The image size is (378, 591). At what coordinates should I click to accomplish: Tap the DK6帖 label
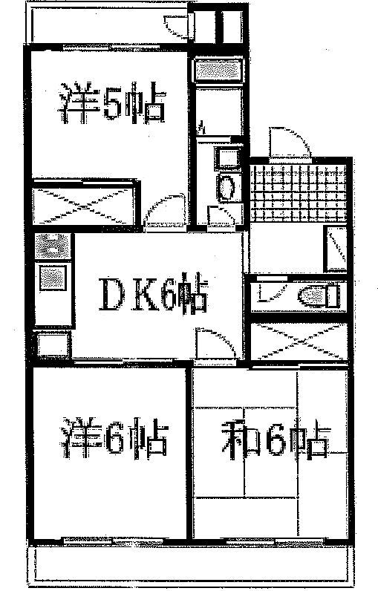point(153,293)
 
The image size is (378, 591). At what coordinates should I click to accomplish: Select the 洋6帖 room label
point(114,437)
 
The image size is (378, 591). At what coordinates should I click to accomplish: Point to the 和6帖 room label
point(276,437)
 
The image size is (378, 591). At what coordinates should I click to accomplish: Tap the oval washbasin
point(226,188)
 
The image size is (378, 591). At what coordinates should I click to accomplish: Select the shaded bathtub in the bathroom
point(218,70)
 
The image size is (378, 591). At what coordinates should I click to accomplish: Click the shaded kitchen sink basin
point(53,278)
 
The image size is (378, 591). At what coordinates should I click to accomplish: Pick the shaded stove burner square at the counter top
point(53,246)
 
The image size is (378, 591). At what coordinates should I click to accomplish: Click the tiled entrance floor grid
point(299,192)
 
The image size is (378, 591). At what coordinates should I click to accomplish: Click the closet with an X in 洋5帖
point(84,206)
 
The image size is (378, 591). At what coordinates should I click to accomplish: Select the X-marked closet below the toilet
point(299,342)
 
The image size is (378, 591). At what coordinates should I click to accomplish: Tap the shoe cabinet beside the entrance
point(336,249)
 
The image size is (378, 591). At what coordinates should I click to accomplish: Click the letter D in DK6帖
point(111,294)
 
